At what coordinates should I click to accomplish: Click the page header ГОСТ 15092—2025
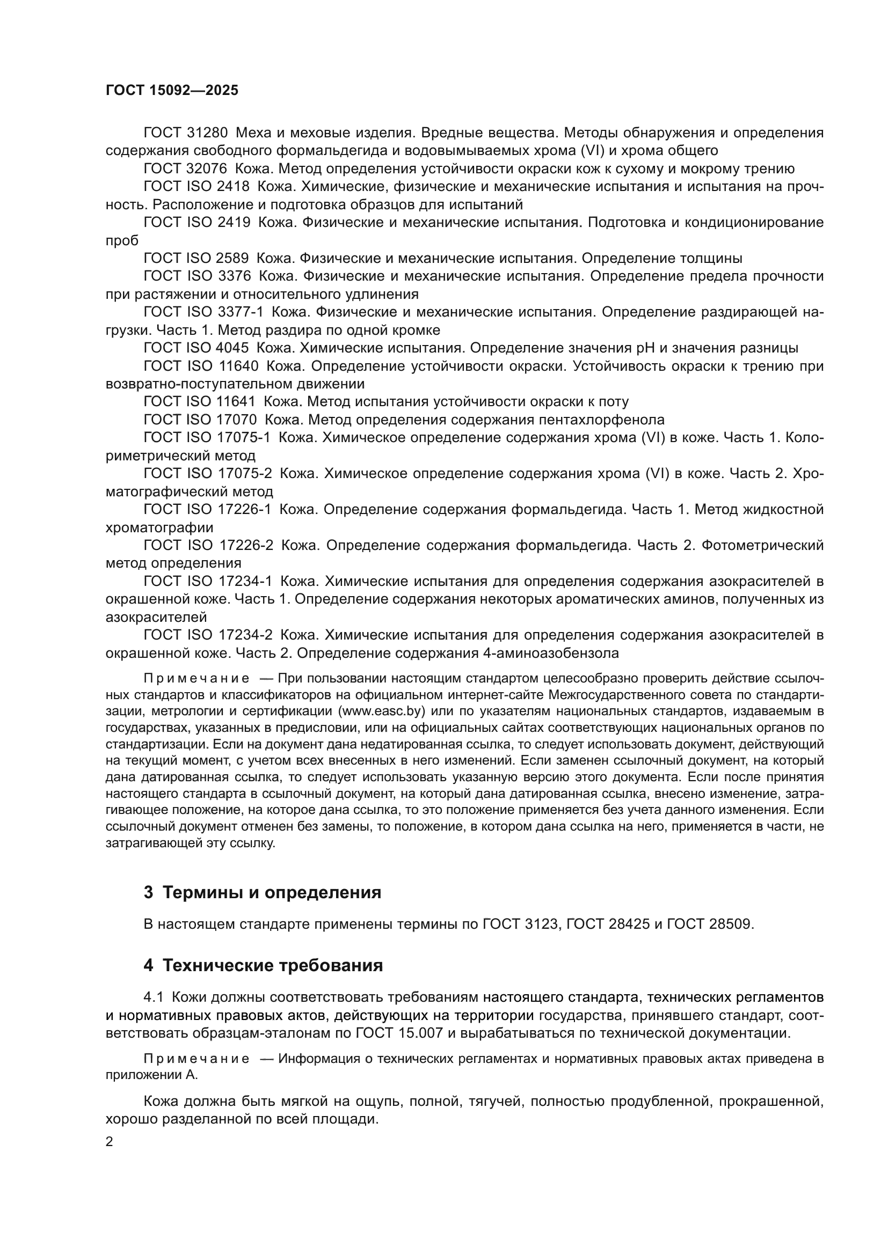point(172,90)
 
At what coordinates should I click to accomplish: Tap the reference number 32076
point(207,168)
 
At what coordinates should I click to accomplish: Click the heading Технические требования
point(272,965)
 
